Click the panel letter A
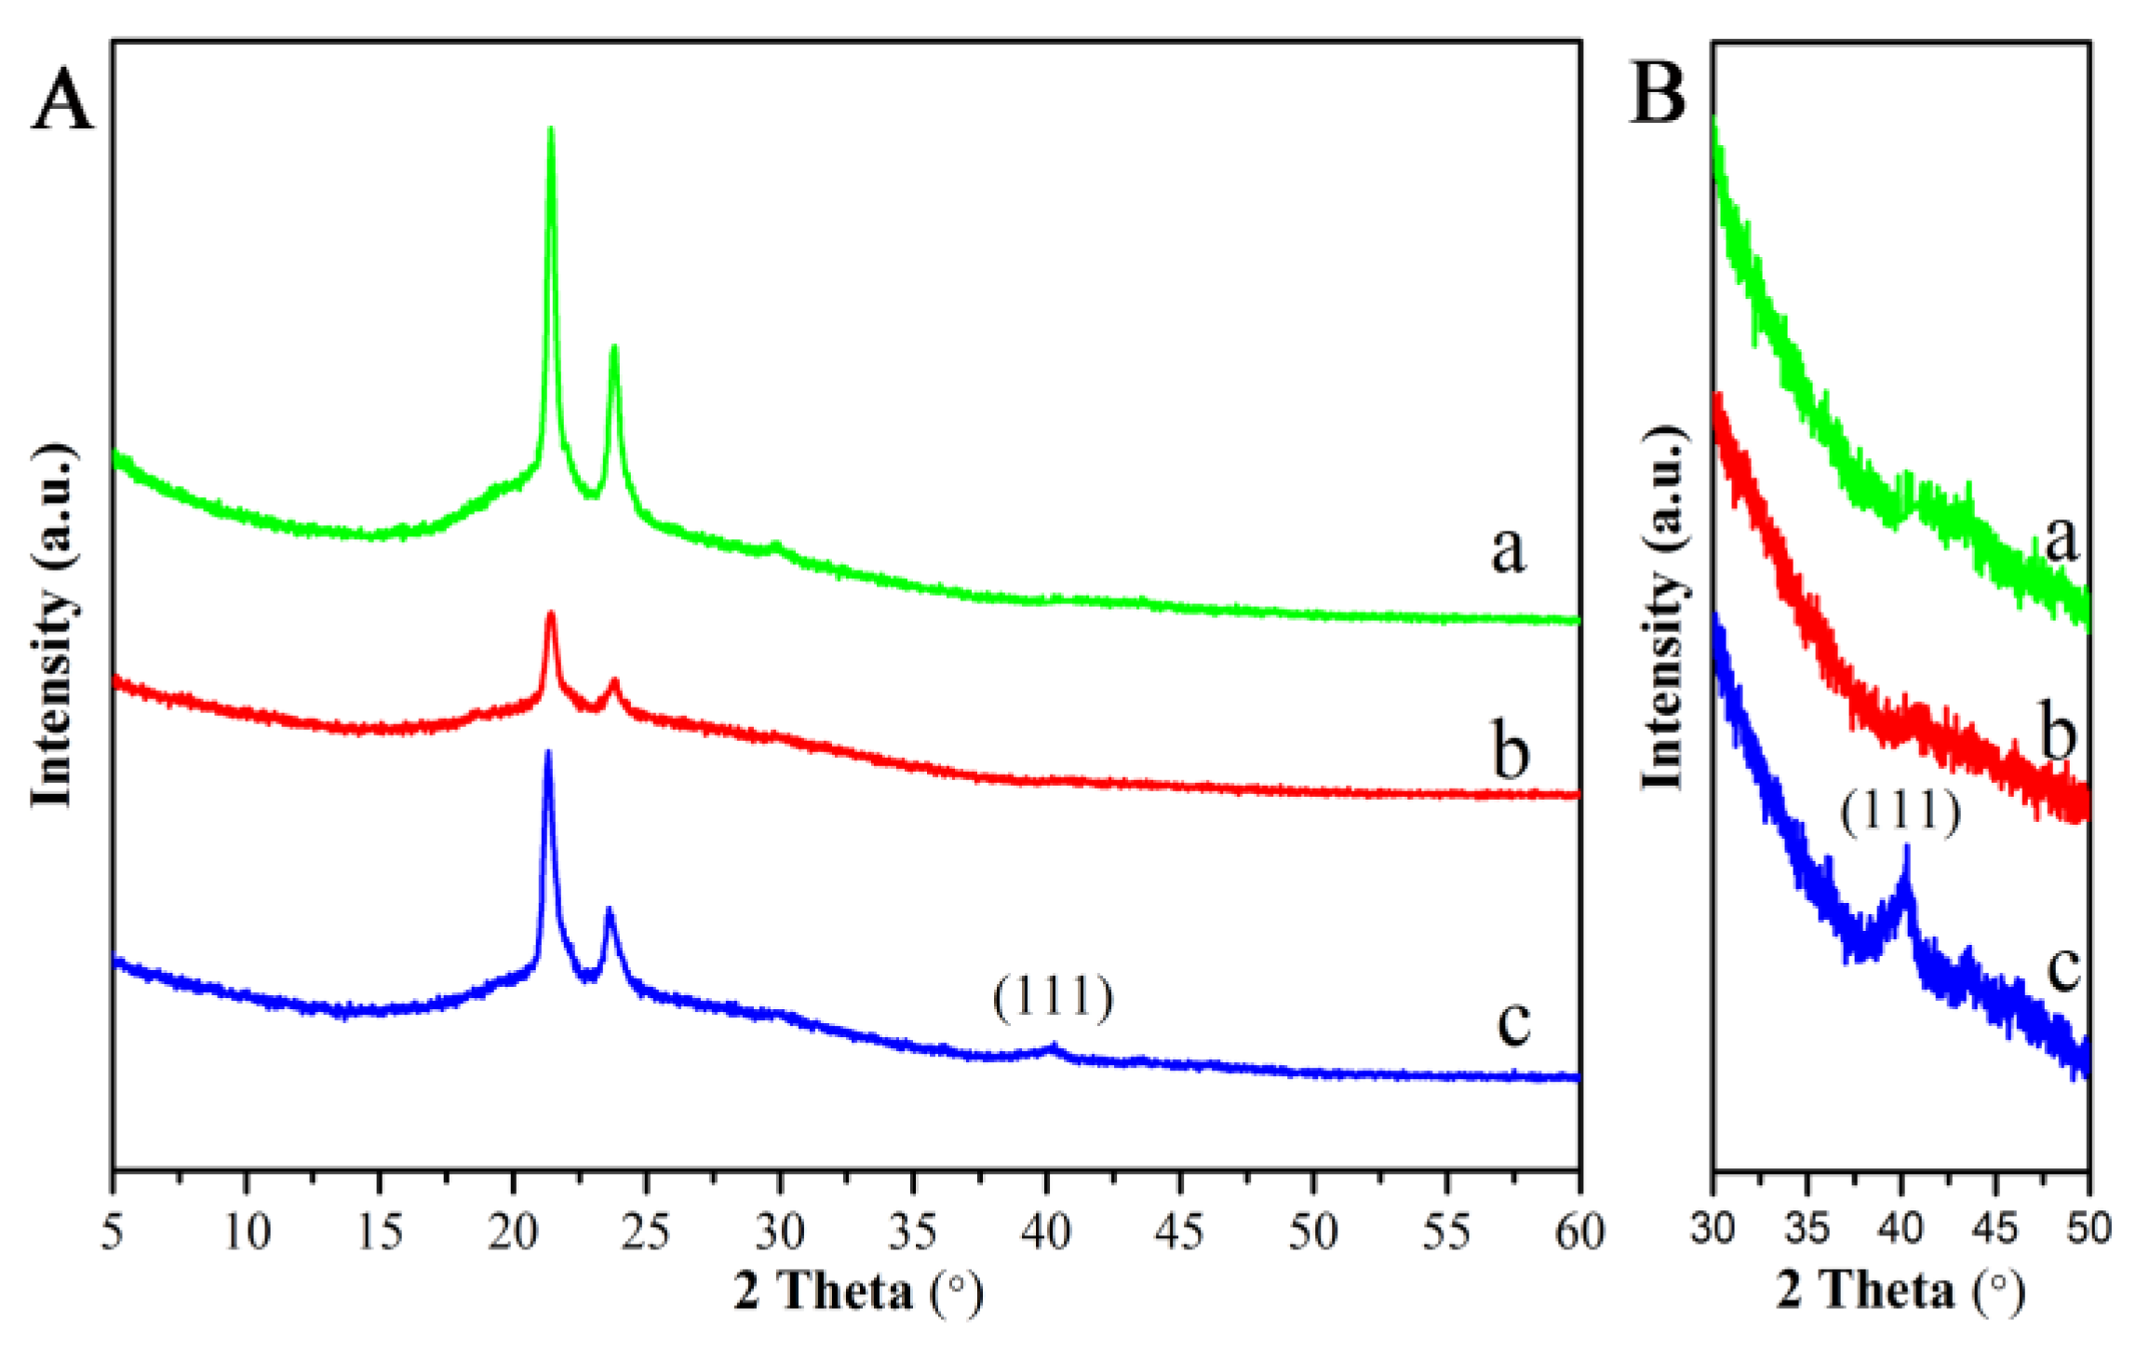click(x=62, y=101)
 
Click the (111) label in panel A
click(x=1053, y=998)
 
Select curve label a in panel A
click(x=1508, y=549)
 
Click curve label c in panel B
click(x=2063, y=968)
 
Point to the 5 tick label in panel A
click(x=113, y=1233)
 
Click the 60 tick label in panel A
click(x=1579, y=1233)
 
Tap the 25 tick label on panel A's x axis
click(x=646, y=1233)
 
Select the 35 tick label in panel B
click(x=1807, y=1229)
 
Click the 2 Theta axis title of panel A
click(x=857, y=1292)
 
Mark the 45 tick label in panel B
click(x=1995, y=1229)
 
